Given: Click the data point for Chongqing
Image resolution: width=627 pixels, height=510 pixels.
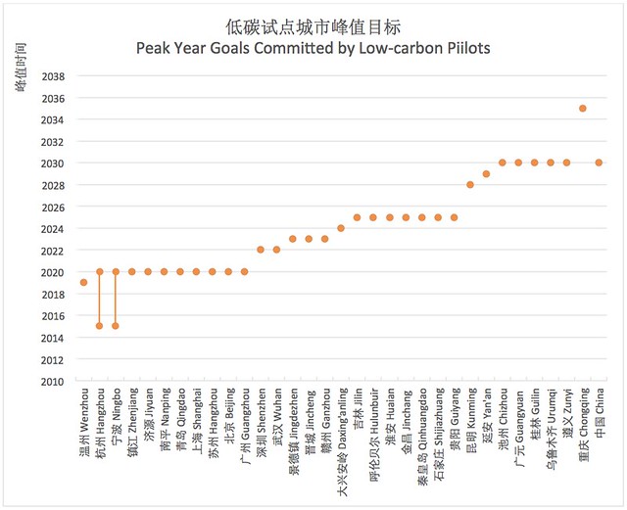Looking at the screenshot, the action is tap(583, 109).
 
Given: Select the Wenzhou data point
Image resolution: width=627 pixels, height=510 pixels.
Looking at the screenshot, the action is tap(83, 283).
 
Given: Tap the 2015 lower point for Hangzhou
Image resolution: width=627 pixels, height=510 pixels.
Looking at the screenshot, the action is tap(100, 326).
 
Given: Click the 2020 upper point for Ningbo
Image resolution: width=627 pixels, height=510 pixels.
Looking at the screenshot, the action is tap(116, 272).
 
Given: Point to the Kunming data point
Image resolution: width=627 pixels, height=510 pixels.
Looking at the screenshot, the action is tap(470, 185).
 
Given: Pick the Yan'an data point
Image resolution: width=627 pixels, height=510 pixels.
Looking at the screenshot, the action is tap(486, 174).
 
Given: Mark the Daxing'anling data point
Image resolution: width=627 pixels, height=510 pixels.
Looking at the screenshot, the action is tap(341, 228).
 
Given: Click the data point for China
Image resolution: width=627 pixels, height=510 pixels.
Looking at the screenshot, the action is tap(599, 162).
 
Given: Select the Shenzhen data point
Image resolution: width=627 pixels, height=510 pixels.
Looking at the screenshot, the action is tap(261, 250).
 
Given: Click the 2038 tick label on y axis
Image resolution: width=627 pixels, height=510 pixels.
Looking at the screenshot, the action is tap(53, 76).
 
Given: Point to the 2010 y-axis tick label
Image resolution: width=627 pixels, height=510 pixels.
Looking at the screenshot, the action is tap(53, 382).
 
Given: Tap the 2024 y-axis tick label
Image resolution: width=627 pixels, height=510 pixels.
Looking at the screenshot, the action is tap(53, 229).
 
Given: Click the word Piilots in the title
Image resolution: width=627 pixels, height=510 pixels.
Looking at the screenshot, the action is tap(468, 48).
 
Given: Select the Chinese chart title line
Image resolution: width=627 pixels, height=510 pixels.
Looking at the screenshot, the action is tap(313, 27).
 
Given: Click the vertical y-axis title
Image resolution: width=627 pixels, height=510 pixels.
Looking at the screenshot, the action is tap(21, 67).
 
